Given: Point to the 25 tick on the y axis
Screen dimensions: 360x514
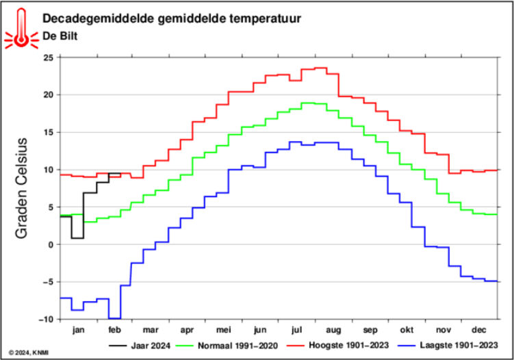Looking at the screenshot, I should point(48,57).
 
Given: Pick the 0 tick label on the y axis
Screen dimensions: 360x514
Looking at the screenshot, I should point(51,244).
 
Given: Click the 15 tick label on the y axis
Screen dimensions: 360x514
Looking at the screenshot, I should point(48,132).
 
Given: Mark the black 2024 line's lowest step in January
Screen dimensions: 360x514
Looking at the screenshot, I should point(77,238).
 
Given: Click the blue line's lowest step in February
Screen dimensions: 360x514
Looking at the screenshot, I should point(114,318).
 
